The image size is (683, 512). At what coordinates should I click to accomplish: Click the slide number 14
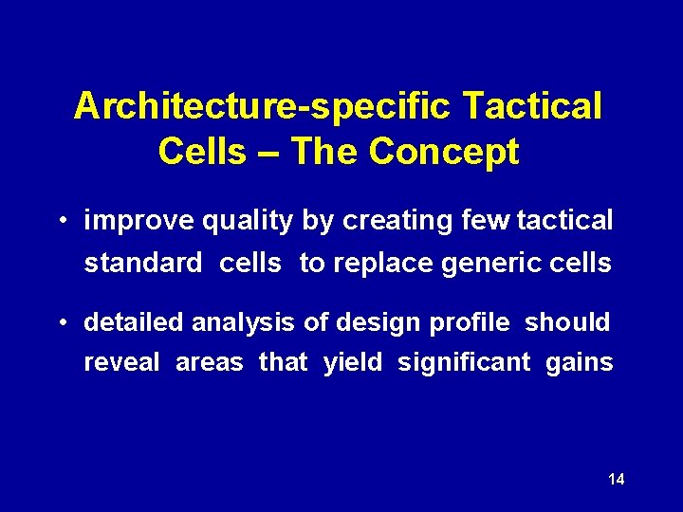coord(616,480)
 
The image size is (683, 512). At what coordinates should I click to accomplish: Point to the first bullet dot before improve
coord(60,222)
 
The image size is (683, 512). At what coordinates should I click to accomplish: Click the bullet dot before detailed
coord(60,324)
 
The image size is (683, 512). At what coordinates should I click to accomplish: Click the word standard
coord(143,264)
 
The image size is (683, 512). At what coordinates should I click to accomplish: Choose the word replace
coord(381,264)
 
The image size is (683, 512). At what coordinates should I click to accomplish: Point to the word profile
coord(469,323)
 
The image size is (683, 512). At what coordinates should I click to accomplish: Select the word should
coord(567,323)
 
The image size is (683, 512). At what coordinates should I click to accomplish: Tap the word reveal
coord(122,363)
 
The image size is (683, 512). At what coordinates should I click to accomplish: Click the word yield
coord(352,363)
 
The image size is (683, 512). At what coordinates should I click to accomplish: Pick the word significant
coord(464,363)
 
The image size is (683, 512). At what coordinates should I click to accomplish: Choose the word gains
coord(579,363)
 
